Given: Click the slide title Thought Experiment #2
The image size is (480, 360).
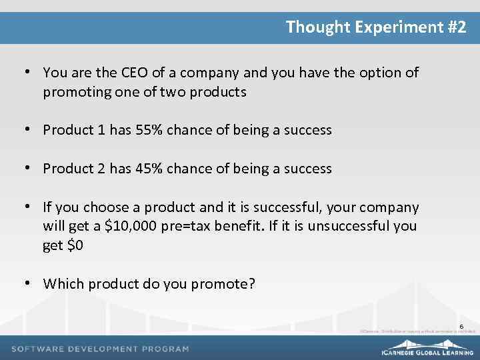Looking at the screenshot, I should (376, 27).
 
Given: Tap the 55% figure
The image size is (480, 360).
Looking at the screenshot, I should (148, 130).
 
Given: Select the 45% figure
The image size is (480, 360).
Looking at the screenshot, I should (148, 169).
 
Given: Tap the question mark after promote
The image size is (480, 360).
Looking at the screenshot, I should (251, 284).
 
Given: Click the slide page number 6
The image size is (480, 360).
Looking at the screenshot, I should (461, 326).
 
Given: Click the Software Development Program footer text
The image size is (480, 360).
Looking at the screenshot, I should (100, 349).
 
